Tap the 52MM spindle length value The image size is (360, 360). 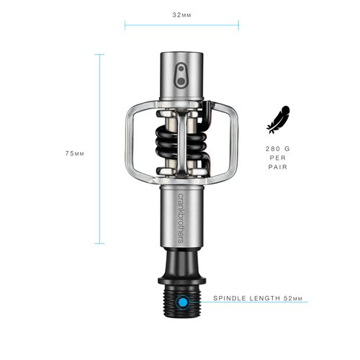point(294,297)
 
